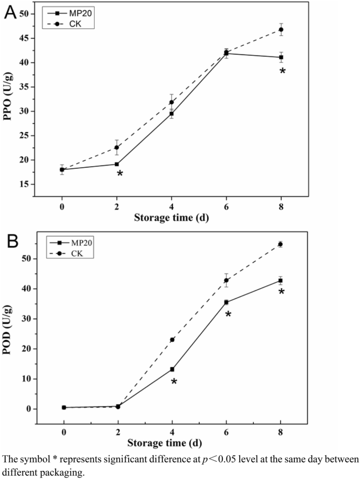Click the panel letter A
coord(11,12)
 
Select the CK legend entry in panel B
coord(67,254)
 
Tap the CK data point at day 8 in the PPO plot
coord(281,29)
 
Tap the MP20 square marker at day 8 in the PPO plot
coord(281,57)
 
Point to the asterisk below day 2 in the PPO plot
coord(119,174)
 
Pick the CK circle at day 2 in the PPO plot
coord(117,148)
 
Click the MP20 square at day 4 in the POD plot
coord(172,369)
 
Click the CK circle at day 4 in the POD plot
coord(172,340)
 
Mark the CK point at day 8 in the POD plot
coord(281,244)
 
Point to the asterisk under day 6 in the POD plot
coord(228,314)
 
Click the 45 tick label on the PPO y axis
coord(24,38)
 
